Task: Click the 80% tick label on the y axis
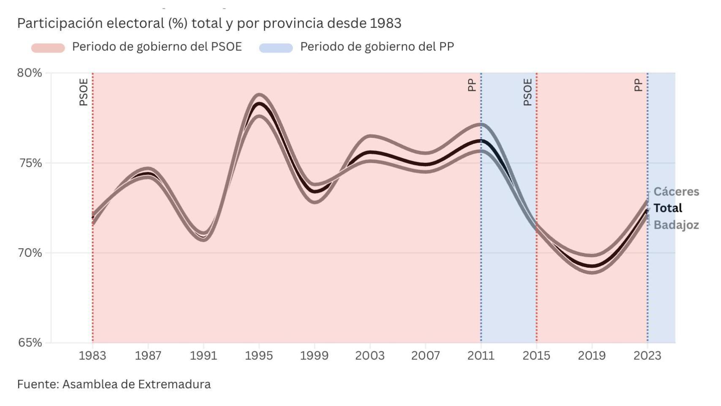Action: (x=30, y=73)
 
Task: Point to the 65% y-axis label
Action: (x=30, y=343)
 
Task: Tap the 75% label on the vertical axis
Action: (x=30, y=163)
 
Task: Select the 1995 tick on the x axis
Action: (x=259, y=356)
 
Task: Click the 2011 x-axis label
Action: (x=481, y=356)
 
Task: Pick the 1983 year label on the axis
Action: (x=92, y=356)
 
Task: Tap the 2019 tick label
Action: (x=592, y=356)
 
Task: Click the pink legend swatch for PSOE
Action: (x=48, y=48)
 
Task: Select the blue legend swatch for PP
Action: (x=276, y=48)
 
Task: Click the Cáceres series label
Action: (x=676, y=192)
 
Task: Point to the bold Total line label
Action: (x=667, y=208)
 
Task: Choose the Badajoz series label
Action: (x=676, y=225)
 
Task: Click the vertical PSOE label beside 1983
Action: (x=84, y=92)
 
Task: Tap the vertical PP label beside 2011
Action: (x=472, y=85)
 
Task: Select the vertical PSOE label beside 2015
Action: (x=527, y=92)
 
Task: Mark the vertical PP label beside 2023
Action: (x=638, y=85)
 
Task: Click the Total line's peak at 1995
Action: (x=259, y=104)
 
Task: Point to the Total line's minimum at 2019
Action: (x=592, y=266)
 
